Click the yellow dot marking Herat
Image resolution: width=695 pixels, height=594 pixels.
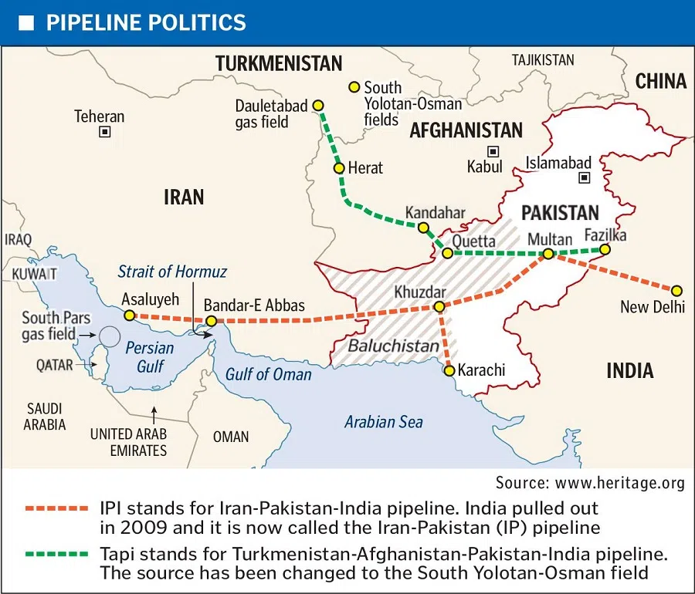[x=338, y=167]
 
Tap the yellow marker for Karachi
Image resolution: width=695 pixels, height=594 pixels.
[x=449, y=370]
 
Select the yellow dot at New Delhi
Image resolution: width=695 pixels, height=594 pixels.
[x=676, y=291]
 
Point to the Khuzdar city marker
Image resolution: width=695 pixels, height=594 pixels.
[x=439, y=307]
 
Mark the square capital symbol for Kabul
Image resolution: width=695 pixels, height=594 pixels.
[x=492, y=151]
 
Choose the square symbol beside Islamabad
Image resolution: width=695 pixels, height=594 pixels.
[x=585, y=177]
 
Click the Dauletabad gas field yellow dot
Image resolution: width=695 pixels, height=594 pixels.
[x=317, y=106]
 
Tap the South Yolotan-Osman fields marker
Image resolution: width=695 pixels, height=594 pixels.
[x=354, y=87]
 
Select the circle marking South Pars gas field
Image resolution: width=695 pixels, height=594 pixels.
[x=110, y=336]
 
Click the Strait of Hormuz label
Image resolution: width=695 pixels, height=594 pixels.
[x=172, y=272]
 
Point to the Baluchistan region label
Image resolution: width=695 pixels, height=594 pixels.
[x=393, y=346]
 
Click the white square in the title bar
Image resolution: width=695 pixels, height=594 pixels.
[x=26, y=22]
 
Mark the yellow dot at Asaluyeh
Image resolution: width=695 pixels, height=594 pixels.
[x=130, y=315]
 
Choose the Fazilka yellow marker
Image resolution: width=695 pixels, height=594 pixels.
[x=605, y=249]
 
